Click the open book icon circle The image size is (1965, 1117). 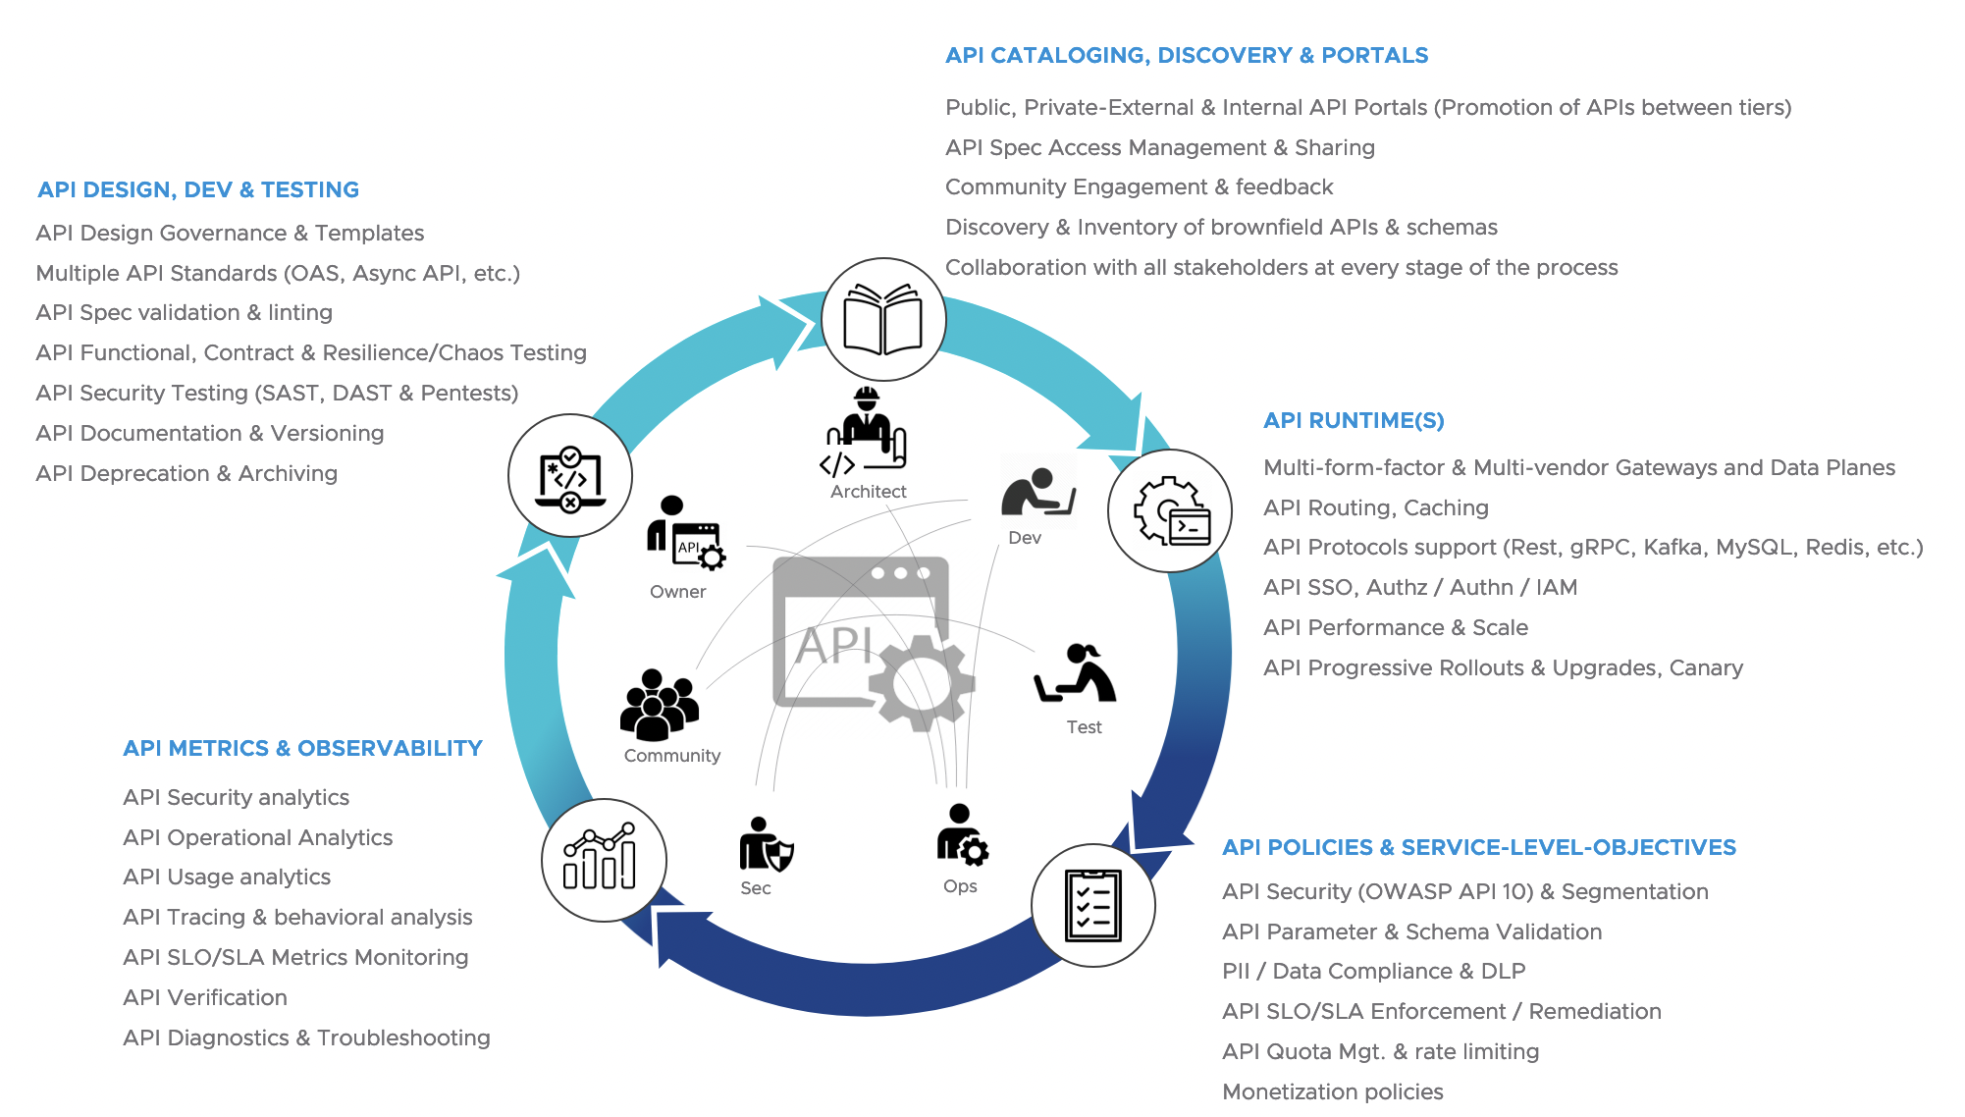[x=882, y=320]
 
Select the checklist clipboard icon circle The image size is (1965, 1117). [x=1092, y=905]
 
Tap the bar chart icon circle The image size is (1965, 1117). [x=604, y=860]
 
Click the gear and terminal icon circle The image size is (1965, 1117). [x=1170, y=510]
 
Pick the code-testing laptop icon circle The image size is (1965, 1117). [x=570, y=476]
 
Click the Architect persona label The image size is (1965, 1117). [x=868, y=492]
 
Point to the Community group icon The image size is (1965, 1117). [x=660, y=704]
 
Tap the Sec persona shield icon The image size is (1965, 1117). [x=766, y=845]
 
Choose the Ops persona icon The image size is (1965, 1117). [x=961, y=835]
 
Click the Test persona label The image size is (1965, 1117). [x=1084, y=727]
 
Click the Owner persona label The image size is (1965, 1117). [x=677, y=592]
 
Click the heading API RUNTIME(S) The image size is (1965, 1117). [x=1354, y=420]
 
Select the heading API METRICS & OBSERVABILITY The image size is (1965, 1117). [x=302, y=748]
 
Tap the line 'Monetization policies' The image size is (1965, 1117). [x=1332, y=1091]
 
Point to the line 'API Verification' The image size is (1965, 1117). [x=205, y=997]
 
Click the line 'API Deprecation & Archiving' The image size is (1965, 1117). [x=186, y=473]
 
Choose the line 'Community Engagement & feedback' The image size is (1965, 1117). [x=1139, y=186]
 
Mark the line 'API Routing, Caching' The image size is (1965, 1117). [x=1375, y=507]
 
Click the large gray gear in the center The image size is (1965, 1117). [x=921, y=681]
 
